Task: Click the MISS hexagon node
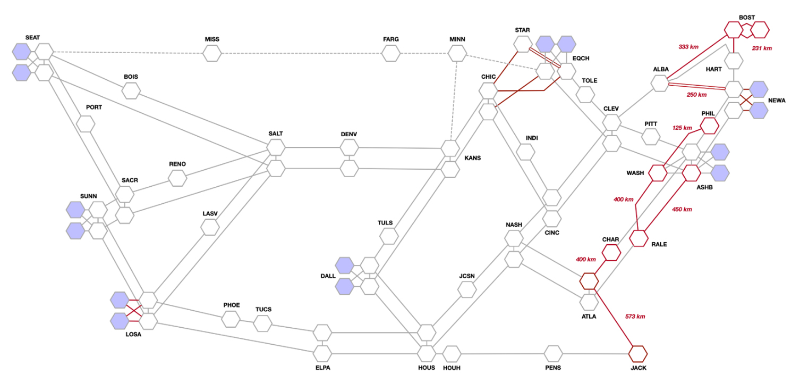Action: tap(212, 53)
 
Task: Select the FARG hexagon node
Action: tap(391, 53)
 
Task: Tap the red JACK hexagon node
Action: tap(638, 353)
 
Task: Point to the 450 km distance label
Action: tap(682, 209)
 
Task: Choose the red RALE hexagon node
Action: tap(639, 238)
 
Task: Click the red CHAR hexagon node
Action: tap(611, 252)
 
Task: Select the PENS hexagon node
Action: tap(554, 353)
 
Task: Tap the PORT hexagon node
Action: tap(85, 124)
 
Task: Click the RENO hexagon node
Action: tap(177, 178)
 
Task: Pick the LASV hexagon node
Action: tap(210, 227)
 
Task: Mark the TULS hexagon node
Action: tap(389, 236)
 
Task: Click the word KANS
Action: tap(472, 158)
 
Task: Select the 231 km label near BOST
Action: tap(761, 48)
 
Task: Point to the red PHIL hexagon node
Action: tap(709, 126)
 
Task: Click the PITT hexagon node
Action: tap(651, 136)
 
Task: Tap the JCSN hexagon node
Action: tap(467, 289)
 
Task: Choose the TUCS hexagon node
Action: tap(262, 322)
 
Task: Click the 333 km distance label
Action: tap(688, 47)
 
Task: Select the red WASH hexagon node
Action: tap(657, 173)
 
